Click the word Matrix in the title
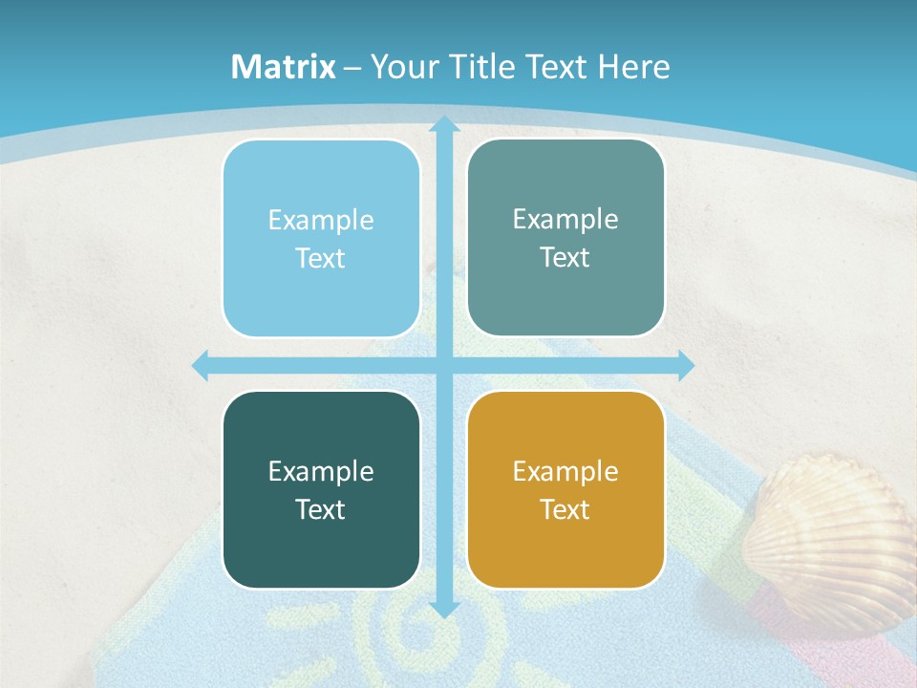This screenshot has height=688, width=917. click(284, 67)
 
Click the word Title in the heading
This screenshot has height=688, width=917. click(487, 67)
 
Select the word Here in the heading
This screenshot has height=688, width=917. click(634, 67)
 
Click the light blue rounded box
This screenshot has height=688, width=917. click(321, 239)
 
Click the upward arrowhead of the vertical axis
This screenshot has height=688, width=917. click(443, 124)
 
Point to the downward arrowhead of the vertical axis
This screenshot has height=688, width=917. click(443, 609)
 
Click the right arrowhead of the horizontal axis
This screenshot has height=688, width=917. click(686, 365)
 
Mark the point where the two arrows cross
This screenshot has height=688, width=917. click(443, 365)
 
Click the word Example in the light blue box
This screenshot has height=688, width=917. click(321, 221)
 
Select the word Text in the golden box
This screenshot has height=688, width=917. click(565, 509)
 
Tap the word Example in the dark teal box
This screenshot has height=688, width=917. click(321, 471)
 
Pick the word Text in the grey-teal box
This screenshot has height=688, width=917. click(565, 258)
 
